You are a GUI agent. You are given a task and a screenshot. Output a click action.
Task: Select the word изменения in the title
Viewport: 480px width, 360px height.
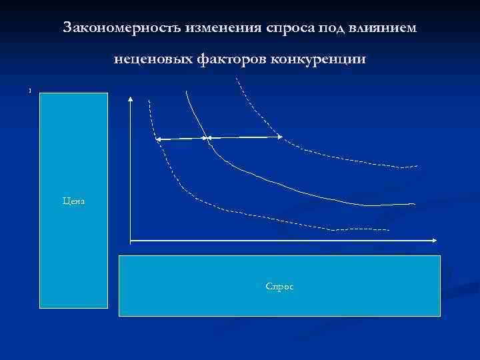tap(217, 28)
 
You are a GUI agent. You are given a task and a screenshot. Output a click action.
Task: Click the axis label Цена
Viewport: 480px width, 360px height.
tap(73, 200)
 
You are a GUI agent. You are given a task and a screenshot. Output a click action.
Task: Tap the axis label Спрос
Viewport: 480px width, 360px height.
tap(279, 286)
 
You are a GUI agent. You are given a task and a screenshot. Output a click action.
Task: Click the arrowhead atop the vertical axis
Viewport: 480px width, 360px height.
tap(130, 99)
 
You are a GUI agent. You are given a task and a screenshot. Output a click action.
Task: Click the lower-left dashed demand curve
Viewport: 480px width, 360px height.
tap(200, 200)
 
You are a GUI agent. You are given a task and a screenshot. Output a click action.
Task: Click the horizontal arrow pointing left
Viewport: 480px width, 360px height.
tap(180, 139)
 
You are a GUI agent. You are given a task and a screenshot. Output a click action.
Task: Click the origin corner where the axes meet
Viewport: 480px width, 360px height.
tap(131, 239)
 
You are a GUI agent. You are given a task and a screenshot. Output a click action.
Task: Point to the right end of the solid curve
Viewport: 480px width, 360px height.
tap(413, 203)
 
